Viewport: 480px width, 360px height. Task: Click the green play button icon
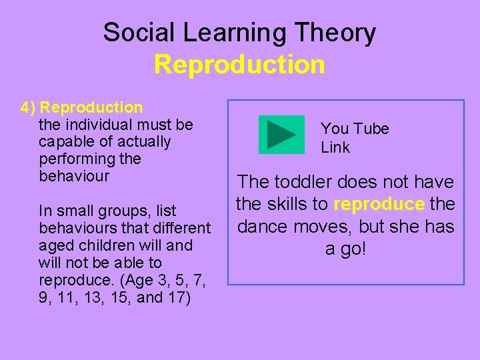pyautogui.click(x=281, y=135)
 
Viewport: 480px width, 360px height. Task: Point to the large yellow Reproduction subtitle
pyautogui.click(x=239, y=65)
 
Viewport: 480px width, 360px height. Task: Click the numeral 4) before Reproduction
pyautogui.click(x=28, y=107)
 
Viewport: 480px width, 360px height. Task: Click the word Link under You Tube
pyautogui.click(x=335, y=147)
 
